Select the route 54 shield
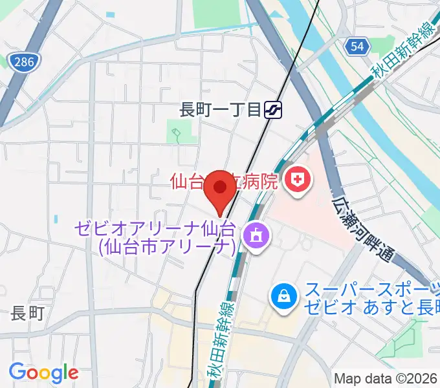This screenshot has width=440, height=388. pos(357,46)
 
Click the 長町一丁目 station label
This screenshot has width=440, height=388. pos(220,110)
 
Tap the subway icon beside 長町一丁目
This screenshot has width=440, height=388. pos(275,110)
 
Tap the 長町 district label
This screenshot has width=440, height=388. pos(27,314)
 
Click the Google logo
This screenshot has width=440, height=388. pos(43,372)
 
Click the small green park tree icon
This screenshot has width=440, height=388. pos(176,136)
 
